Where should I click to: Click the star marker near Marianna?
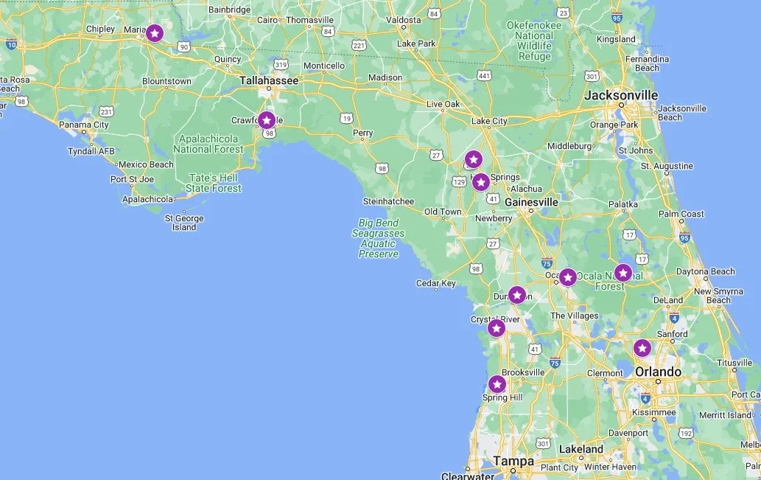pos(154,33)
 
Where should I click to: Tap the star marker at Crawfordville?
pos(267,120)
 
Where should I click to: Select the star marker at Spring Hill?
pos(497,384)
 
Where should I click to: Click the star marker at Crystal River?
pos(497,328)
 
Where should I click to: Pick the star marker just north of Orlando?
pos(642,348)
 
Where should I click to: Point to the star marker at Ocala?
pos(567,277)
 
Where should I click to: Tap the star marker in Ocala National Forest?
pos(623,273)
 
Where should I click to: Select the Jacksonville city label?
pos(621,95)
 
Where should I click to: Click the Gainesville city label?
pos(531,202)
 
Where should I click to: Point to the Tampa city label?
pos(513,462)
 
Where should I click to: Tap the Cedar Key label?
pos(436,283)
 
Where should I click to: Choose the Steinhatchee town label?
pos(388,201)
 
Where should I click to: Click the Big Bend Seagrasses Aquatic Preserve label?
pos(379,238)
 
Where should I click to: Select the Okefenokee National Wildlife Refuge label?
pos(534,41)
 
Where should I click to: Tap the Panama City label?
pos(85,125)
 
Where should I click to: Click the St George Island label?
pos(184,223)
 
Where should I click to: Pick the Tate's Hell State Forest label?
pos(214,183)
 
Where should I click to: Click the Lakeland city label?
pos(581,449)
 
